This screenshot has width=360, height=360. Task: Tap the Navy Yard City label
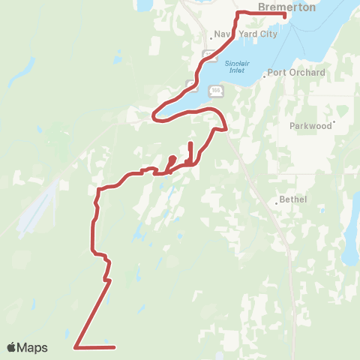click(246, 34)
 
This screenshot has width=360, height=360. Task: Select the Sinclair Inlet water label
click(236, 66)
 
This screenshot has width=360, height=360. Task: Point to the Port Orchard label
click(298, 73)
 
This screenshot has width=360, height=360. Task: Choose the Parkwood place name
click(310, 126)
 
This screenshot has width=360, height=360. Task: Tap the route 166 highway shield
click(215, 90)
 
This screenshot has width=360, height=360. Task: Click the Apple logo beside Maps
click(12, 347)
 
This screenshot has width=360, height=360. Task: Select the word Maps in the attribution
click(34, 347)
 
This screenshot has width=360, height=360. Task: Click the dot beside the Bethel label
click(275, 201)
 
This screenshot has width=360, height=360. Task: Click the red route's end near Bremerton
click(285, 14)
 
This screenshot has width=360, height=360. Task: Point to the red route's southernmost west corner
click(76, 346)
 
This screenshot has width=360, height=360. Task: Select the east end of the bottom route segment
click(115, 347)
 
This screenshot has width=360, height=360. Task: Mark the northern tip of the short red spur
click(191, 142)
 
